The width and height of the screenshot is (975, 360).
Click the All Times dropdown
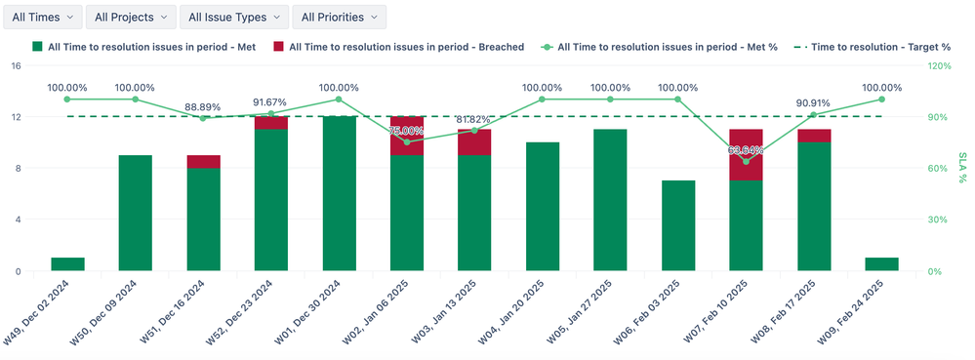pos(40,17)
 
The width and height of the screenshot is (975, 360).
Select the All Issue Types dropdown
pos(234,17)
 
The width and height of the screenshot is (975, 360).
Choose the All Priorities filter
pos(338,17)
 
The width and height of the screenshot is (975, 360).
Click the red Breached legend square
pos(279,46)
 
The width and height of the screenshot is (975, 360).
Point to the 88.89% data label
pos(203,106)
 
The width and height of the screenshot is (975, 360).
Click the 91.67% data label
pos(270,101)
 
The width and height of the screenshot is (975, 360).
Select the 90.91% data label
pos(814,102)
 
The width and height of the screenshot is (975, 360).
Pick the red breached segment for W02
pos(407,136)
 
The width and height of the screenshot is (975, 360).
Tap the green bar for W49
pos(67,264)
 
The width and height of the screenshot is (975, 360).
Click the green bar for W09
pos(881,264)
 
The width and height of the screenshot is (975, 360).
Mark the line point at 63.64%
pos(746,162)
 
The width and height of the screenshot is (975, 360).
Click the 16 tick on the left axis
pos(15,65)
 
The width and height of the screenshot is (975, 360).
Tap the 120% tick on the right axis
pos(939,65)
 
